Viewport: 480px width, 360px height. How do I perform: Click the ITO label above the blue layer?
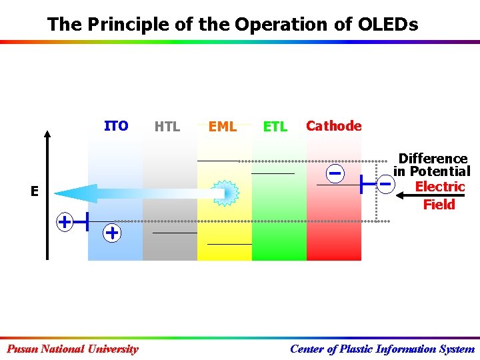116,126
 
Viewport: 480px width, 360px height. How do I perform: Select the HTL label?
167,127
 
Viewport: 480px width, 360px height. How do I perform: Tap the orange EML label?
223,127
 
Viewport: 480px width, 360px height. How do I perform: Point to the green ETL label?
275,127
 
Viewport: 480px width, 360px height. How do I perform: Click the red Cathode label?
333,126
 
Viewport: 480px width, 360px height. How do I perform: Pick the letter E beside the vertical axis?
34,191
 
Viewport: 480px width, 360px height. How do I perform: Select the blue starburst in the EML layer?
227,193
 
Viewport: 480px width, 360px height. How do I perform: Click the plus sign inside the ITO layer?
112,233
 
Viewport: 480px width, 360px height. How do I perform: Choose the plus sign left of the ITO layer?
65,221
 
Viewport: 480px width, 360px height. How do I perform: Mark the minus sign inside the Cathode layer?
335,173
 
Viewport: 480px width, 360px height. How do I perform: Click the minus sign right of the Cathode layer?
385,181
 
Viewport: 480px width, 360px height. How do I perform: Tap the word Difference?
433,159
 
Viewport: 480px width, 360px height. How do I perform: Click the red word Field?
439,205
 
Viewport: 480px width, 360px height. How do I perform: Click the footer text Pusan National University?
73,349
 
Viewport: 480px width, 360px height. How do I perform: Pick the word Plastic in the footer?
355,349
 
